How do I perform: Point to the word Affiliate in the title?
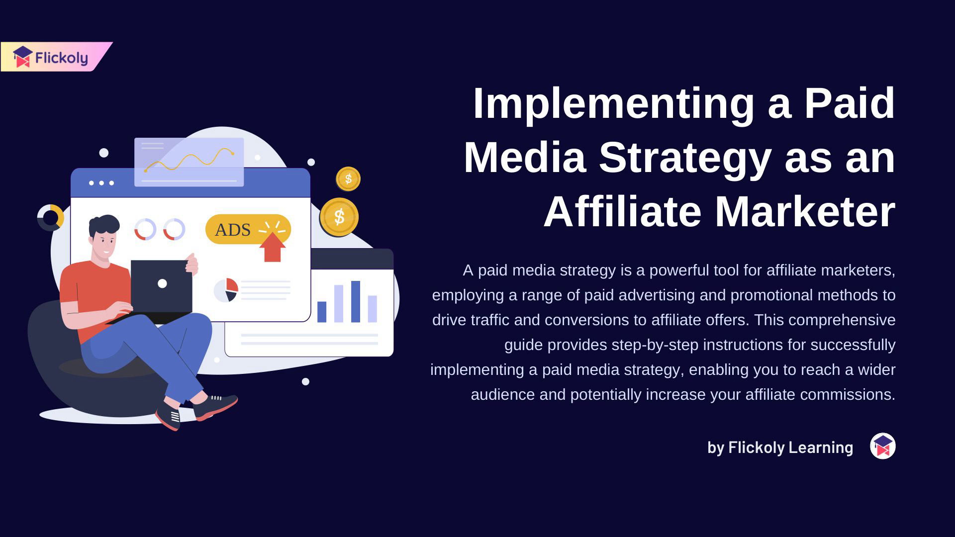(622, 212)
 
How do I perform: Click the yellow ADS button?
(248, 229)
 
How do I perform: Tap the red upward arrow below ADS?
(272, 247)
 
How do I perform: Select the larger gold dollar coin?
(339, 217)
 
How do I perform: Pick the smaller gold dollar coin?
(348, 179)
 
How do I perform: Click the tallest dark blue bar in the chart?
(356, 302)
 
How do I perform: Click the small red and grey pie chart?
(226, 290)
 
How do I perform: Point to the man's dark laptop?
(161, 287)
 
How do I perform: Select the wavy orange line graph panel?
(189, 162)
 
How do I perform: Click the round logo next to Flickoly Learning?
(883, 446)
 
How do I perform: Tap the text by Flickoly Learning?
(780, 447)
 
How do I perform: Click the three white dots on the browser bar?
(101, 183)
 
